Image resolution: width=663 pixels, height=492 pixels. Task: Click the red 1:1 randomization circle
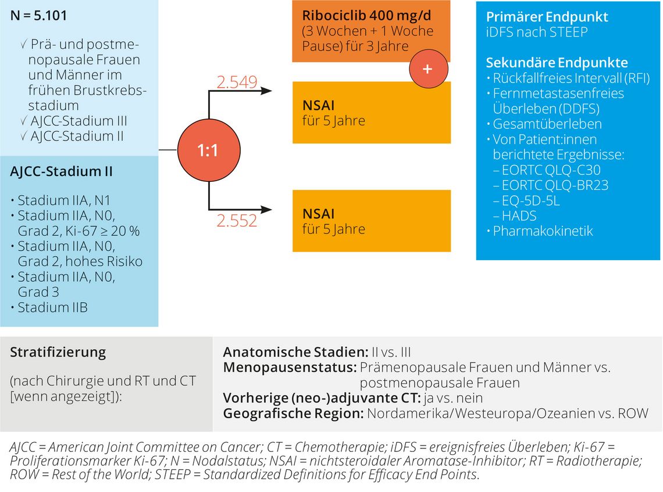[x=208, y=150]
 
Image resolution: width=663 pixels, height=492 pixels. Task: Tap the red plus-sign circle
[x=427, y=69]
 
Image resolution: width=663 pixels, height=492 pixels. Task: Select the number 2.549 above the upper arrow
[x=237, y=82]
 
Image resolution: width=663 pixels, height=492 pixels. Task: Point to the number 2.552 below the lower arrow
[x=237, y=221]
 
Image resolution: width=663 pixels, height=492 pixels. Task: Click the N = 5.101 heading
[x=38, y=16]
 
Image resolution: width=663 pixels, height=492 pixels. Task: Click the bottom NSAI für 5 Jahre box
[x=371, y=221]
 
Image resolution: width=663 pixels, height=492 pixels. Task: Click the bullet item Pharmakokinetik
[x=534, y=231]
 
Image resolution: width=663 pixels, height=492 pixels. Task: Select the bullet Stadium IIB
[x=52, y=307]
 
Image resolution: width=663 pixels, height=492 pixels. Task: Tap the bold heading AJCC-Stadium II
[x=61, y=172]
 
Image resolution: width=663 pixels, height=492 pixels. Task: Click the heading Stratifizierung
[x=58, y=352]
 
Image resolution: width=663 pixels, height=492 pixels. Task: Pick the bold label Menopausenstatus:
[x=290, y=368]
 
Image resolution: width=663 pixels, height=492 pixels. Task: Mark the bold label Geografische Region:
[x=293, y=414]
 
